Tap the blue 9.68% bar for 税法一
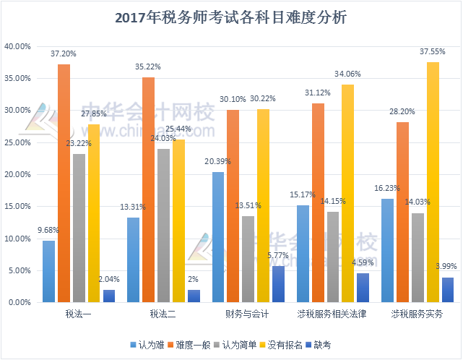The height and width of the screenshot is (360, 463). [x=48, y=271]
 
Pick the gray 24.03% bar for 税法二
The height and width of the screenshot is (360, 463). [x=163, y=225]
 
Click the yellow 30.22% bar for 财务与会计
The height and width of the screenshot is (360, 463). [x=263, y=205]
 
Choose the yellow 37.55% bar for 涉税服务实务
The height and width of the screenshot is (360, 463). [x=433, y=182]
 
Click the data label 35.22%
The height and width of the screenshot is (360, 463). [x=148, y=67]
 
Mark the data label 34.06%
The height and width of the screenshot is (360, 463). [x=347, y=74]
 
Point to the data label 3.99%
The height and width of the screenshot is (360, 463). [x=448, y=265]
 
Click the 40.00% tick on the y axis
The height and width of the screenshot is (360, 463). [x=17, y=46]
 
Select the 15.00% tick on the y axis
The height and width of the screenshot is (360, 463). [x=17, y=207]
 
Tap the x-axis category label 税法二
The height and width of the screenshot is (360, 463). [x=163, y=314]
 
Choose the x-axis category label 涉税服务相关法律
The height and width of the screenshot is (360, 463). [x=332, y=314]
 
